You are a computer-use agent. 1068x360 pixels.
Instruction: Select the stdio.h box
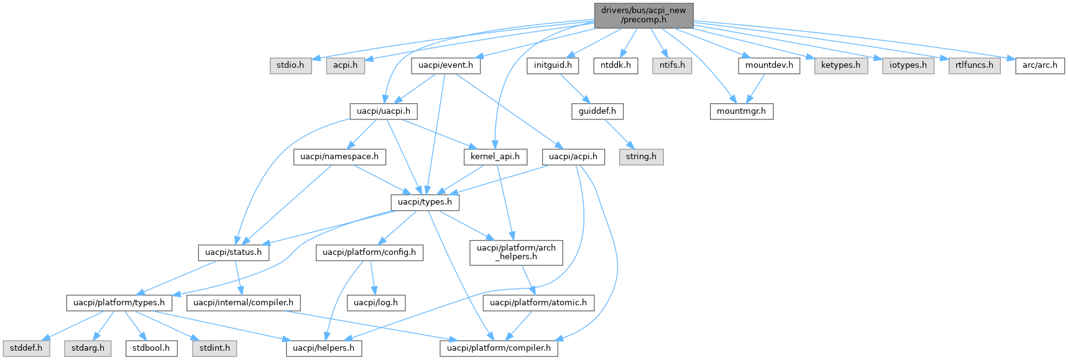click(290, 65)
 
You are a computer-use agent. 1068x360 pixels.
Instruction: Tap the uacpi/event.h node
click(445, 65)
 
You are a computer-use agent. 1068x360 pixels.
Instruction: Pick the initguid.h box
click(553, 65)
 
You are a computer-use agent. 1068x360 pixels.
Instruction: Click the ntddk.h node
click(615, 65)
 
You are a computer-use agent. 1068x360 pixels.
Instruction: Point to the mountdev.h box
click(769, 65)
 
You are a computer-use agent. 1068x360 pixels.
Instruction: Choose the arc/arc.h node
click(1039, 65)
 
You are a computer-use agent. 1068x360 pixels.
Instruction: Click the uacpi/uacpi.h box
click(383, 111)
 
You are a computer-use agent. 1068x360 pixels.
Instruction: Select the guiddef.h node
click(597, 111)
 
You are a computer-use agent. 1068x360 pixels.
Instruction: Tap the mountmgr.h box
click(741, 111)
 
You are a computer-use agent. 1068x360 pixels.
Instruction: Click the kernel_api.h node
click(495, 157)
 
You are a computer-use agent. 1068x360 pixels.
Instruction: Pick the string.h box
click(641, 157)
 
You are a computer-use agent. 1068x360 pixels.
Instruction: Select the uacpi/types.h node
click(425, 202)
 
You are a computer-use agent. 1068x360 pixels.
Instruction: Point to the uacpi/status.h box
click(234, 252)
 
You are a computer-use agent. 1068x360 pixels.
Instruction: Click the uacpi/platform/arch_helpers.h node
click(516, 252)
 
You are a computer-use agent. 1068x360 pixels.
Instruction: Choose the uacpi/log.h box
click(376, 303)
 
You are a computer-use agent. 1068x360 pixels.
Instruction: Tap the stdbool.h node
click(151, 348)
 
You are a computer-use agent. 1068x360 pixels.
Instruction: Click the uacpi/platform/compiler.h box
click(499, 348)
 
